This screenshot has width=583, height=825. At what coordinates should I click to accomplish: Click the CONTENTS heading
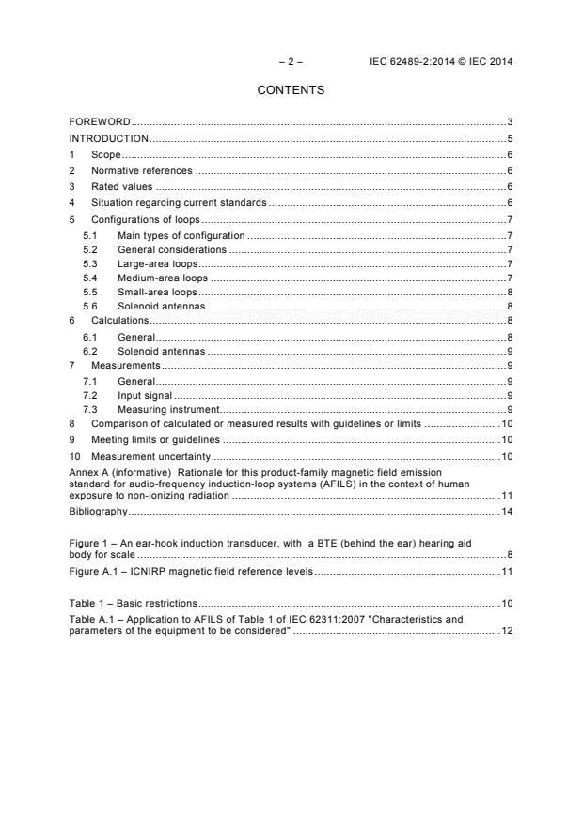pos(291,90)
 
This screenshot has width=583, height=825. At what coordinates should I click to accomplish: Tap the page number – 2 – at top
pos(291,61)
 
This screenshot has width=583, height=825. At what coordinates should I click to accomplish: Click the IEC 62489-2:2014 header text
pos(442,61)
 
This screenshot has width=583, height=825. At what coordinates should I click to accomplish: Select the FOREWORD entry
pos(100,122)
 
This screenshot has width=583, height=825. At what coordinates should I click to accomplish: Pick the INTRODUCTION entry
pos(109,138)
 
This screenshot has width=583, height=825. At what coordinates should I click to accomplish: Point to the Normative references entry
pos(141,170)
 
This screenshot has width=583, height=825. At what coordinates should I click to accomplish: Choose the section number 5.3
pos(90,263)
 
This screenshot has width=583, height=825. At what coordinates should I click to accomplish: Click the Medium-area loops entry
pos(162,278)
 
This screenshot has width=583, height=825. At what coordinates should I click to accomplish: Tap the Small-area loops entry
pos(157,293)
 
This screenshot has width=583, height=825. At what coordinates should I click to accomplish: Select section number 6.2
pos(90,350)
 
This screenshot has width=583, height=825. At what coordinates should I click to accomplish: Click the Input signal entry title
pos(144,395)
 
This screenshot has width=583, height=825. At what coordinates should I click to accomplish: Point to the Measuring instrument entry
pos(166,409)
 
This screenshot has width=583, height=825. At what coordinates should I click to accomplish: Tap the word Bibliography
pos(98,511)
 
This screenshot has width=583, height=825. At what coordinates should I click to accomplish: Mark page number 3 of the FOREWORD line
pos(509,122)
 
